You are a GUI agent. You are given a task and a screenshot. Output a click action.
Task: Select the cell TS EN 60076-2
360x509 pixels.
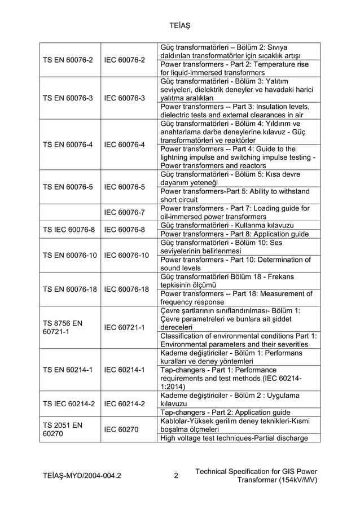click(x=66, y=60)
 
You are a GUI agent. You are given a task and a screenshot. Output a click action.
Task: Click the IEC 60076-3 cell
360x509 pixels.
click(x=126, y=98)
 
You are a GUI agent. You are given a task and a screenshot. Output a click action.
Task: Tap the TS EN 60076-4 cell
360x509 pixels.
click(x=66, y=144)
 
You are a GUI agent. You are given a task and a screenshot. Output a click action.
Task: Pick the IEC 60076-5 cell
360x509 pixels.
click(x=126, y=187)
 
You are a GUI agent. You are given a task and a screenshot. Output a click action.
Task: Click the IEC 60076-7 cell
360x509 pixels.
click(x=126, y=213)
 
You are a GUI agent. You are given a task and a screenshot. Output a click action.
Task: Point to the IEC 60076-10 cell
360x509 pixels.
click(x=126, y=255)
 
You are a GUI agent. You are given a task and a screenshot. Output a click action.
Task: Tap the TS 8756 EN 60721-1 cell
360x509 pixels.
click(x=63, y=327)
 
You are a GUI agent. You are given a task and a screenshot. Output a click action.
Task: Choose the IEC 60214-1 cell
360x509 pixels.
click(x=126, y=370)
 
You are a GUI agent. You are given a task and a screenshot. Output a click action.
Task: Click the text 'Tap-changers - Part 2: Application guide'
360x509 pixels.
click(x=226, y=413)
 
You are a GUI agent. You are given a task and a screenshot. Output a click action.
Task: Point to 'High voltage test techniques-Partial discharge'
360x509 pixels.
click(x=234, y=438)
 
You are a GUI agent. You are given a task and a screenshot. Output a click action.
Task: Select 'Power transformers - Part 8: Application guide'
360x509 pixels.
click(x=234, y=234)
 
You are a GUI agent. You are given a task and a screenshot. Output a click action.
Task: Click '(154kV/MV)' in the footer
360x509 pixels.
click(x=297, y=480)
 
